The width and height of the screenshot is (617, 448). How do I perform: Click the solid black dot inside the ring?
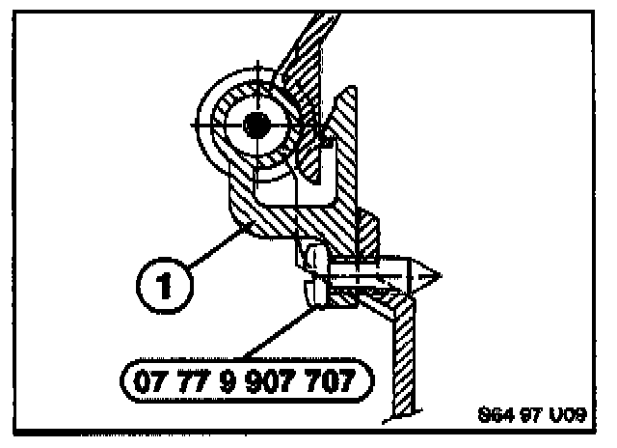point(257,124)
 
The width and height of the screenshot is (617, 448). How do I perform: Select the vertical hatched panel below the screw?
point(404,357)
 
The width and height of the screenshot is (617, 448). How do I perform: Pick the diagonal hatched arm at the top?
point(289,58)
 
